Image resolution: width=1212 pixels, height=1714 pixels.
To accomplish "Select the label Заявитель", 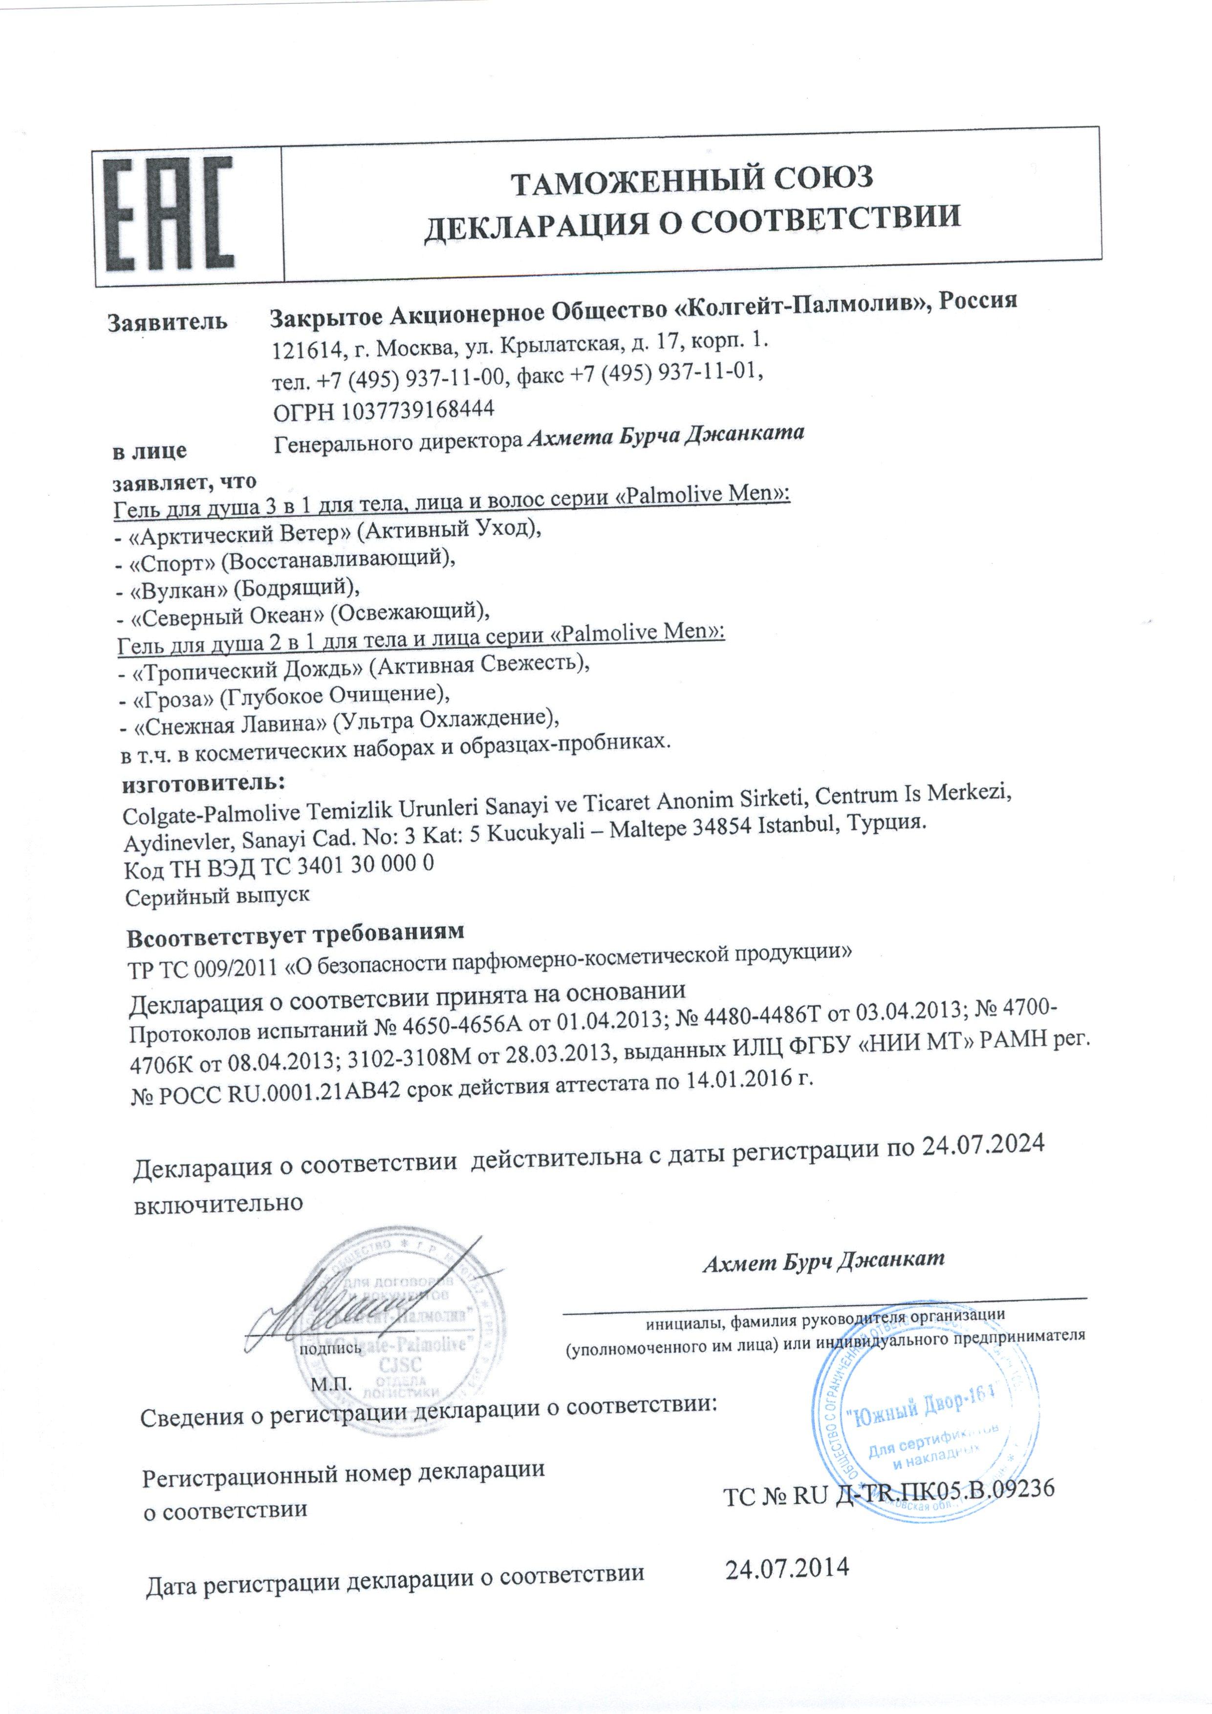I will tap(167, 322).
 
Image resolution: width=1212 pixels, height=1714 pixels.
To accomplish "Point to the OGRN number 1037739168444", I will tap(418, 409).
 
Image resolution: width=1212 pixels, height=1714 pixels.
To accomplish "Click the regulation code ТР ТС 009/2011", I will tap(202, 968).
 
